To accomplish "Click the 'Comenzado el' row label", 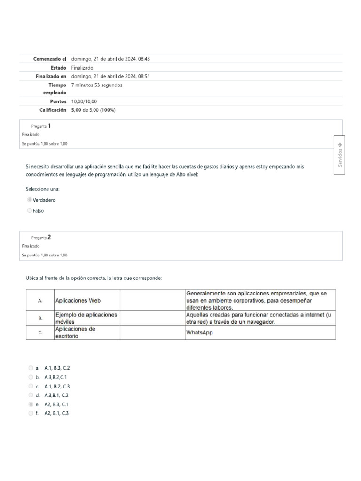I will pyautogui.click(x=50, y=59).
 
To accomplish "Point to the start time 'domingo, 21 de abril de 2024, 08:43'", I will pyautogui.click(x=110, y=59).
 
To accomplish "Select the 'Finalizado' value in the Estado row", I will pyautogui.click(x=82, y=68).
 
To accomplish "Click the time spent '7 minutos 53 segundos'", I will pyautogui.click(x=97, y=85).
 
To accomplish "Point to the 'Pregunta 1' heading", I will pyautogui.click(x=41, y=126).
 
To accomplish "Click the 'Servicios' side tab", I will pyautogui.click(x=340, y=155).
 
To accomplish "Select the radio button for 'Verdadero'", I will pyautogui.click(x=30, y=200).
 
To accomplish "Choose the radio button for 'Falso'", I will pyautogui.click(x=30, y=211).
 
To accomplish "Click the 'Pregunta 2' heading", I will pyautogui.click(x=41, y=237).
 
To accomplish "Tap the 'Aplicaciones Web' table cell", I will pyautogui.click(x=78, y=300).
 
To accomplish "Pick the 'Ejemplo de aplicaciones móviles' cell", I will pyautogui.click(x=86, y=318).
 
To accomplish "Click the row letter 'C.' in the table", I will pyautogui.click(x=40, y=333).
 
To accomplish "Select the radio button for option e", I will pyautogui.click(x=31, y=404).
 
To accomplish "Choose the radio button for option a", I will pyautogui.click(x=31, y=368).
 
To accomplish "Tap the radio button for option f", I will pyautogui.click(x=31, y=413).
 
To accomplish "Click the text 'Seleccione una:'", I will pyautogui.click(x=43, y=189).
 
